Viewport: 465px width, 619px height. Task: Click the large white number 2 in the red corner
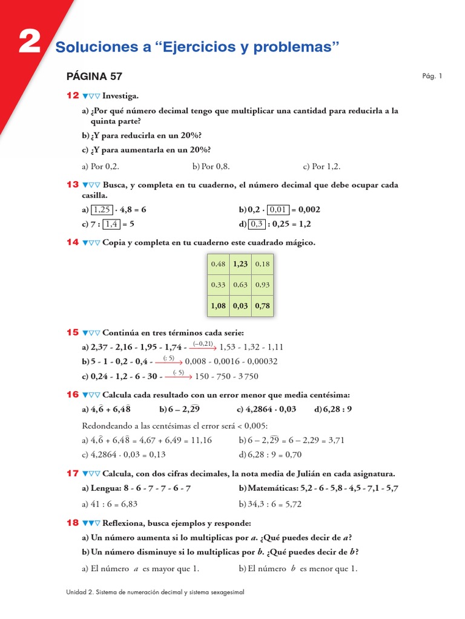pyautogui.click(x=29, y=43)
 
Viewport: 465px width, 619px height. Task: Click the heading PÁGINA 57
pyautogui.click(x=94, y=76)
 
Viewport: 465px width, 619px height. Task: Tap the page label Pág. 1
pyautogui.click(x=432, y=76)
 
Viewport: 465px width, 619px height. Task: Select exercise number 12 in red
pyautogui.click(x=73, y=96)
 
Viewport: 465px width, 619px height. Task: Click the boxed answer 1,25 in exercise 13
pyautogui.click(x=102, y=210)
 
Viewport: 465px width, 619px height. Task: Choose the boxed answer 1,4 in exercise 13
pyautogui.click(x=111, y=224)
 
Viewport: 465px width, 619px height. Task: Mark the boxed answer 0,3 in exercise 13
pyautogui.click(x=257, y=224)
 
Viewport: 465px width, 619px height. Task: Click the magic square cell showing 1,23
pyautogui.click(x=240, y=264)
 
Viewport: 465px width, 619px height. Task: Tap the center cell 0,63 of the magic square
pyautogui.click(x=240, y=285)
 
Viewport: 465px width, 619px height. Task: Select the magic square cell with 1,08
pyautogui.click(x=218, y=306)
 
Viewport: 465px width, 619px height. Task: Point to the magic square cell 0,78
pyautogui.click(x=262, y=306)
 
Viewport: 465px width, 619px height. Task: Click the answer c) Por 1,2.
pyautogui.click(x=322, y=166)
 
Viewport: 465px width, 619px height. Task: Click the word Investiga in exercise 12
pyautogui.click(x=120, y=96)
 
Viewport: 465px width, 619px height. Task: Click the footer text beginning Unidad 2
pyautogui.click(x=155, y=592)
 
